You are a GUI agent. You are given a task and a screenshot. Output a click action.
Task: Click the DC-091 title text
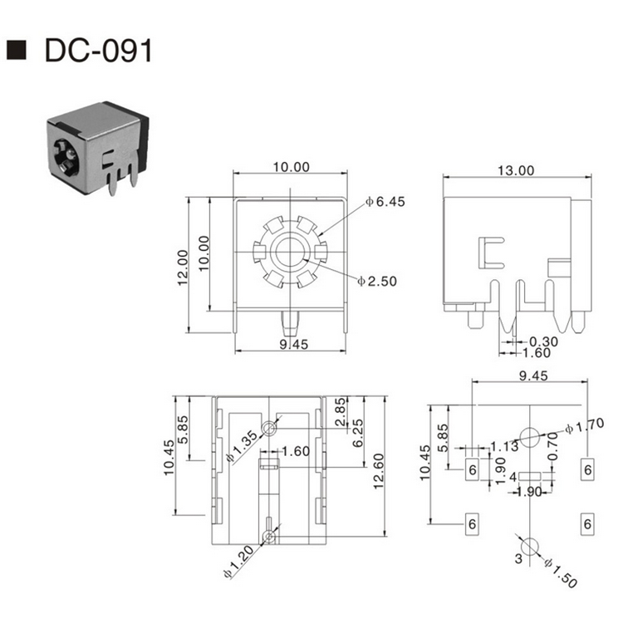(99, 51)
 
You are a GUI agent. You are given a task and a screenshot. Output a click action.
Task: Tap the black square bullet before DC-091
(17, 51)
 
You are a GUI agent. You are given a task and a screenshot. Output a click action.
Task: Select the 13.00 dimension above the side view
(515, 170)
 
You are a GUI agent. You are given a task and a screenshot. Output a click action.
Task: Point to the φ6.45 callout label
(384, 202)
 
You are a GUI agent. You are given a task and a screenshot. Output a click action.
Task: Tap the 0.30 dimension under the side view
(544, 341)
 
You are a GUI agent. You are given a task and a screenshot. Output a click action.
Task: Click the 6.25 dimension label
(358, 432)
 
